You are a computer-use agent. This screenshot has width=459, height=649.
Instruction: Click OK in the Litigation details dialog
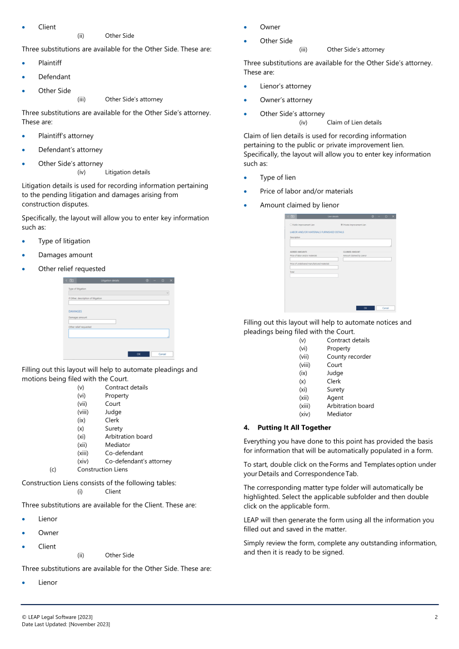click(x=138, y=354)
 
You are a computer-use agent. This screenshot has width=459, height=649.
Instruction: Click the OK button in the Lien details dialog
click(x=365, y=308)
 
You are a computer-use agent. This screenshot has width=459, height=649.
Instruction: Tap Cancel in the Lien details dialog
click(x=385, y=308)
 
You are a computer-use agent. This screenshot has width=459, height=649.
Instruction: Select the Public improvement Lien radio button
click(x=288, y=225)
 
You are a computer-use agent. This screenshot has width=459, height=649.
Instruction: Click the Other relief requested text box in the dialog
click(x=118, y=333)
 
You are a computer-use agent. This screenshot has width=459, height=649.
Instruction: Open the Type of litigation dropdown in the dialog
click(x=118, y=293)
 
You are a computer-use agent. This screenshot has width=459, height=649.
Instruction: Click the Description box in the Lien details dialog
click(x=341, y=243)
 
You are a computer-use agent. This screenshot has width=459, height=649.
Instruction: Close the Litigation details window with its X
click(x=171, y=280)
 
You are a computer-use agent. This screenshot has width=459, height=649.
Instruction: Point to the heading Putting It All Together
click(x=294, y=427)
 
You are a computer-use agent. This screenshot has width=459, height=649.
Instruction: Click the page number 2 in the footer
click(x=436, y=617)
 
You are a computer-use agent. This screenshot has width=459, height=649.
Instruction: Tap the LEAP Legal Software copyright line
click(x=57, y=617)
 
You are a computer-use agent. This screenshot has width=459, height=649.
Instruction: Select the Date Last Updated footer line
click(x=66, y=625)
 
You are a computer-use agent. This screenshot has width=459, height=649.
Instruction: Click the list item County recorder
click(x=348, y=356)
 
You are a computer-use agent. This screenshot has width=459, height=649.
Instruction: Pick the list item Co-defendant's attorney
click(x=138, y=461)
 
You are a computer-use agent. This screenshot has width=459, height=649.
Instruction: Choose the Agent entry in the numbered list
click(x=335, y=398)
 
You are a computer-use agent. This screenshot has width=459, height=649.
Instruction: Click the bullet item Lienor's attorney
click(x=285, y=86)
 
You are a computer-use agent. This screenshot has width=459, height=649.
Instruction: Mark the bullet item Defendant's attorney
click(x=70, y=150)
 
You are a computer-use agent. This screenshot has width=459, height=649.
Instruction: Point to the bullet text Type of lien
click(x=277, y=178)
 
